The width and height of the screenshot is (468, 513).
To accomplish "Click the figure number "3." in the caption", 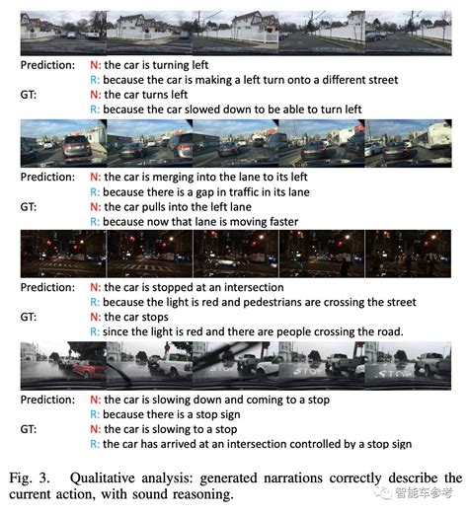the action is (44, 478).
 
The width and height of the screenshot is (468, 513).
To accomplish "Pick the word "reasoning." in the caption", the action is (202, 494).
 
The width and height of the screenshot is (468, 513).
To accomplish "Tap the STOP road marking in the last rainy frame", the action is (395, 374).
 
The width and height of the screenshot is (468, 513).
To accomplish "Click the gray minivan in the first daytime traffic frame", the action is (77, 148).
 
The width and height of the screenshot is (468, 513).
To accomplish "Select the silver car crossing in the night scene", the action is (224, 261).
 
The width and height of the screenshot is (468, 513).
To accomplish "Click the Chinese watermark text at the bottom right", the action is (425, 492).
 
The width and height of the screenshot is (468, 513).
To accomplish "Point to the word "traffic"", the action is (243, 192).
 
